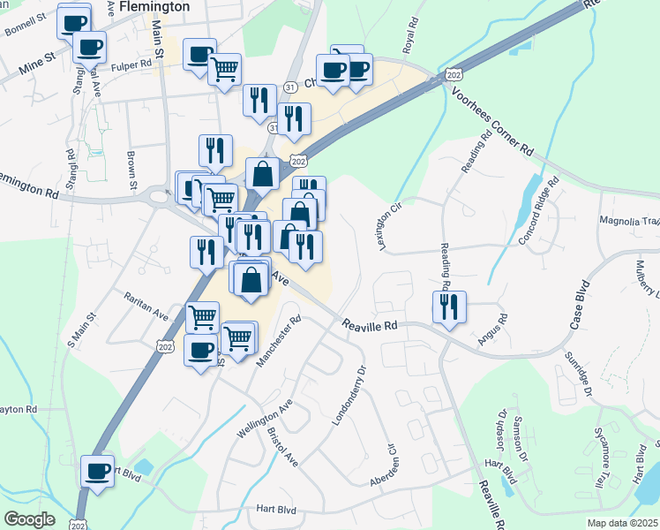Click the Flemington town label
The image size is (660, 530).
(x=154, y=6)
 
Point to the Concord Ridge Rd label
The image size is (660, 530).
(x=539, y=217)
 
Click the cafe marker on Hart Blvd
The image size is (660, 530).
(x=96, y=470)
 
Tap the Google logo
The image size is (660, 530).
(x=29, y=519)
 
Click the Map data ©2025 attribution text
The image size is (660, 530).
(x=622, y=523)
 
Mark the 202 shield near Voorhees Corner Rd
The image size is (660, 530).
(x=454, y=77)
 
